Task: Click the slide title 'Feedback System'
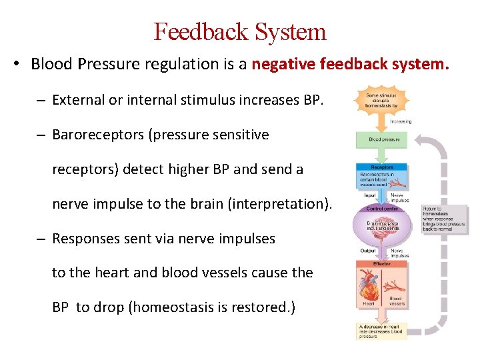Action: pyautogui.click(x=240, y=31)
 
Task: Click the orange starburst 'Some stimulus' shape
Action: pyautogui.click(x=381, y=100)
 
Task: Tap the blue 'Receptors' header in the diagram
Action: pyautogui.click(x=382, y=167)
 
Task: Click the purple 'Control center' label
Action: pyautogui.click(x=381, y=209)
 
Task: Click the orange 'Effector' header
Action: pyautogui.click(x=382, y=264)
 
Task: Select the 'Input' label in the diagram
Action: pyautogui.click(x=370, y=196)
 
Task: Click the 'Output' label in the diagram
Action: pyautogui.click(x=369, y=251)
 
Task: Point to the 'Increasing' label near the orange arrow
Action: pyautogui.click(x=400, y=121)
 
